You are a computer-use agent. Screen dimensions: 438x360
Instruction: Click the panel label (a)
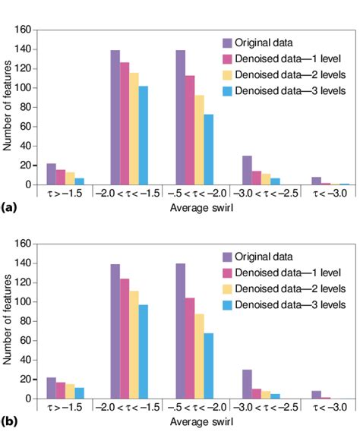(x=9, y=206)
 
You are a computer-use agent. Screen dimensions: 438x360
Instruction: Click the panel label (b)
(x=9, y=421)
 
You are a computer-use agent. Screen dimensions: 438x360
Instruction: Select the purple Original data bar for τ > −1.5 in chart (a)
(x=51, y=174)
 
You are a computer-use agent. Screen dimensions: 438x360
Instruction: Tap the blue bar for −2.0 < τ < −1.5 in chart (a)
(x=143, y=135)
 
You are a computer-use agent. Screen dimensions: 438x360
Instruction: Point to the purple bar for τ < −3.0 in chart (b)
(x=317, y=395)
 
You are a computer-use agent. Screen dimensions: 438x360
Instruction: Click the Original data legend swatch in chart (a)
(x=227, y=42)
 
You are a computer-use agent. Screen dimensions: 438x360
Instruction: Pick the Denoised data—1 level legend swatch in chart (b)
(x=227, y=273)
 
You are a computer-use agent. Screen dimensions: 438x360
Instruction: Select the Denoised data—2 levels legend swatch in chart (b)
(x=227, y=289)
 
